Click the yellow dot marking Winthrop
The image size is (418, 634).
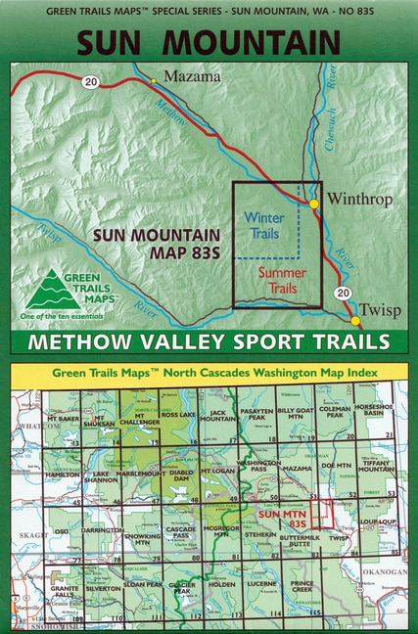point(313,204)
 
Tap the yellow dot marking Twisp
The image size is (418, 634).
point(355,320)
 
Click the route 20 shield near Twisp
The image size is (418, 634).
point(339,293)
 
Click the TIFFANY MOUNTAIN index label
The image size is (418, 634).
point(377,468)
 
